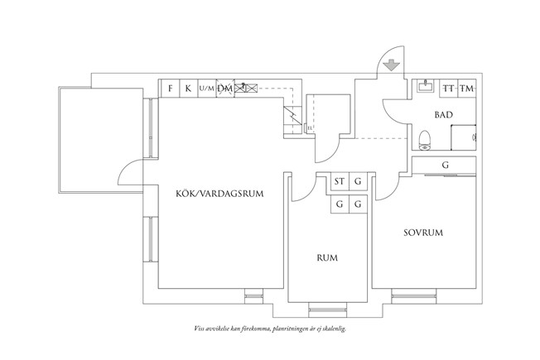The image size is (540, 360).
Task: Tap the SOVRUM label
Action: (423, 233)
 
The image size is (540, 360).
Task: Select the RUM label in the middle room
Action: (328, 258)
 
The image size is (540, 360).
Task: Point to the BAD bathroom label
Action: (443, 114)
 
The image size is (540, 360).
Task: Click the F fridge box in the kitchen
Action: (171, 88)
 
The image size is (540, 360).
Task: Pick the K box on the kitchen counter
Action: (188, 88)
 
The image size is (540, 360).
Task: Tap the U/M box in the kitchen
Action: (206, 88)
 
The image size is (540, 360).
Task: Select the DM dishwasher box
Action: (224, 88)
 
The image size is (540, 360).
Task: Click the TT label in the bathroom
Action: (448, 89)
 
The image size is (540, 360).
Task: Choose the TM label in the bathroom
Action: (467, 89)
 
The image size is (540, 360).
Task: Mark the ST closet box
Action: (340, 182)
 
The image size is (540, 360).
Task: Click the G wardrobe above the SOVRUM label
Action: (446, 166)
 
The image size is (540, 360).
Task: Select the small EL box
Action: (308, 128)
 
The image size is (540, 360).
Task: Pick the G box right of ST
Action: (359, 182)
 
